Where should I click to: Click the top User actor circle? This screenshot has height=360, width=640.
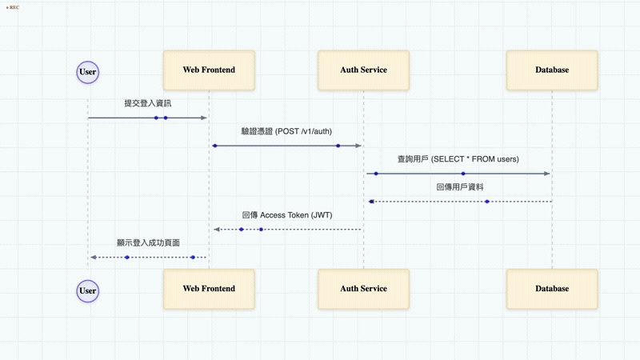(88, 72)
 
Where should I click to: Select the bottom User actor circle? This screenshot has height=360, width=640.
(88, 291)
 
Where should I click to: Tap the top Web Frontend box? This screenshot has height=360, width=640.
(209, 70)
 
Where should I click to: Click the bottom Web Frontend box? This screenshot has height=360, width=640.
(209, 289)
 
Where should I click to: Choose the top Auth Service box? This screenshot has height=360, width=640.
(364, 70)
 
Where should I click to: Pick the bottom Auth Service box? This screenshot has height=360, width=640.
(364, 289)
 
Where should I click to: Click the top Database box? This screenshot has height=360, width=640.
(552, 70)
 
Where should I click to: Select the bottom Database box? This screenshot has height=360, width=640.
(552, 289)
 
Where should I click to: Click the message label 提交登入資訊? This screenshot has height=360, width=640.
(148, 103)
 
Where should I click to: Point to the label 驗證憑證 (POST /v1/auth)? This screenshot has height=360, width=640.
(286, 131)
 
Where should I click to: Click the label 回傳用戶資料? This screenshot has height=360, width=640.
(460, 187)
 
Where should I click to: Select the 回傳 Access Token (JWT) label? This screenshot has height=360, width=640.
(287, 215)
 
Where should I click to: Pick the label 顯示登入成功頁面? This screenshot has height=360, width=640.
(148, 243)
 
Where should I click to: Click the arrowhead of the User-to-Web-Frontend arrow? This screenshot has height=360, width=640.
(204, 118)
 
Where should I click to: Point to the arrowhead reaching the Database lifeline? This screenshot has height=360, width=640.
(547, 174)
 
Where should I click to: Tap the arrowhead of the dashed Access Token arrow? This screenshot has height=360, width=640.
(217, 230)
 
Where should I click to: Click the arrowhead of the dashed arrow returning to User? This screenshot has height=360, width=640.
(94, 258)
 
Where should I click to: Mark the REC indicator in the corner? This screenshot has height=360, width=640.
(13, 7)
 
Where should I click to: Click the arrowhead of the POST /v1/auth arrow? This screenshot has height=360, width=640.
(358, 146)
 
